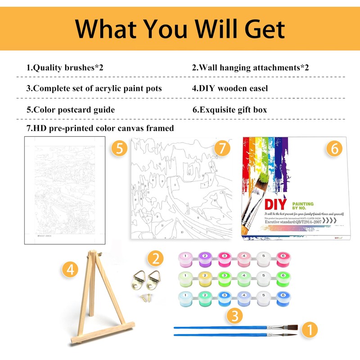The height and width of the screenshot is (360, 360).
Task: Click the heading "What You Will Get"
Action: (x=180, y=28)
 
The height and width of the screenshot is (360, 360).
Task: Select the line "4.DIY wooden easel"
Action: (x=230, y=89)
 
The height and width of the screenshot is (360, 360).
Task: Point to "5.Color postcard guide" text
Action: (x=71, y=110)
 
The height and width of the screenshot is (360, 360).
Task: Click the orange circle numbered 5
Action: (x=119, y=148)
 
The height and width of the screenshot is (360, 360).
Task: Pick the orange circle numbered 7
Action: (x=221, y=148)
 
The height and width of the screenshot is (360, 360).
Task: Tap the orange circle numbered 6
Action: (x=334, y=148)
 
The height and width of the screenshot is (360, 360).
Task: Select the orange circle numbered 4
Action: (x=70, y=270)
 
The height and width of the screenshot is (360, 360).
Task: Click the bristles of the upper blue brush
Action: (x=288, y=326)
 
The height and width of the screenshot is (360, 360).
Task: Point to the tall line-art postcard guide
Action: (x=65, y=191)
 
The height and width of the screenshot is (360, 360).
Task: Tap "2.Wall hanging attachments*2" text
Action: (x=251, y=68)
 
